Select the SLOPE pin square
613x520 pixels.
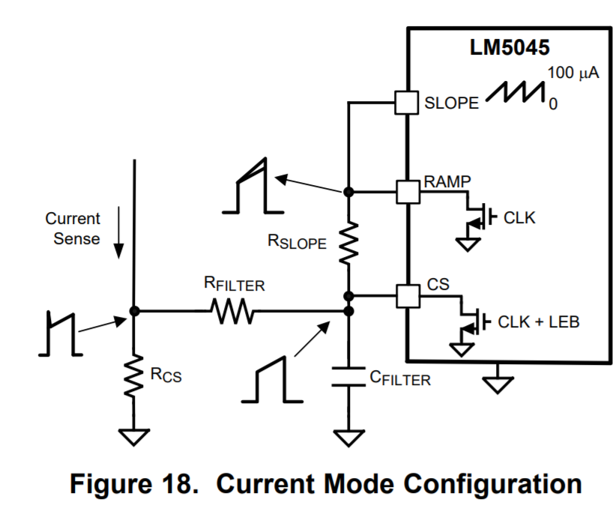(x=406, y=102)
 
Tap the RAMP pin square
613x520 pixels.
(x=407, y=191)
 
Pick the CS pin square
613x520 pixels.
(x=407, y=295)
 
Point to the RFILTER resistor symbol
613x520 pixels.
(x=234, y=310)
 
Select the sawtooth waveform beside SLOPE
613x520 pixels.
(x=515, y=94)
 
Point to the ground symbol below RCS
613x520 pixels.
(x=133, y=436)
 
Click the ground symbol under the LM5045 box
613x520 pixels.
(x=498, y=384)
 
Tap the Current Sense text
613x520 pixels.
(x=72, y=229)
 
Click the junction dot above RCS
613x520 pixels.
(x=133, y=310)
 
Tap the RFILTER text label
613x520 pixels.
(x=235, y=285)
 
